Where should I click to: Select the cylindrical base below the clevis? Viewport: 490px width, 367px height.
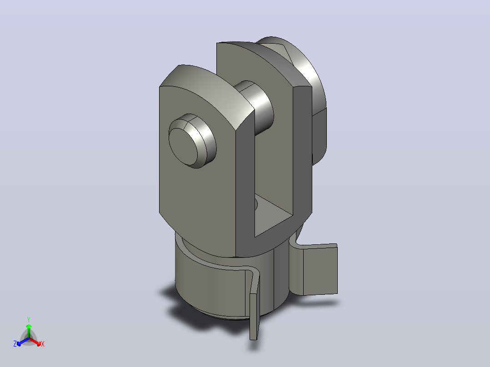225,281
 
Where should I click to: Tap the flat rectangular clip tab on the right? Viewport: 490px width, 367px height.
320,270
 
